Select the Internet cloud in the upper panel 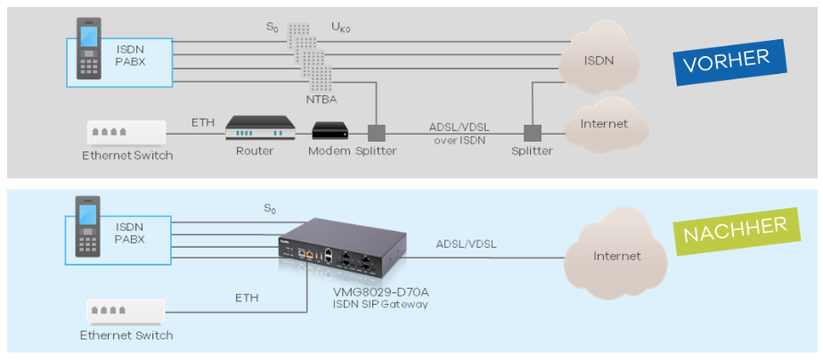point(603,124)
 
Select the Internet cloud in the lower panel point(616,256)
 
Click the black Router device point(258,128)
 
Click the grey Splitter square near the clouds point(532,133)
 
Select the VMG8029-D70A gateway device point(343,249)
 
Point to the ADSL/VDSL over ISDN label point(458,133)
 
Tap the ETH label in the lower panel point(247,298)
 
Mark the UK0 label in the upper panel point(342,28)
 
